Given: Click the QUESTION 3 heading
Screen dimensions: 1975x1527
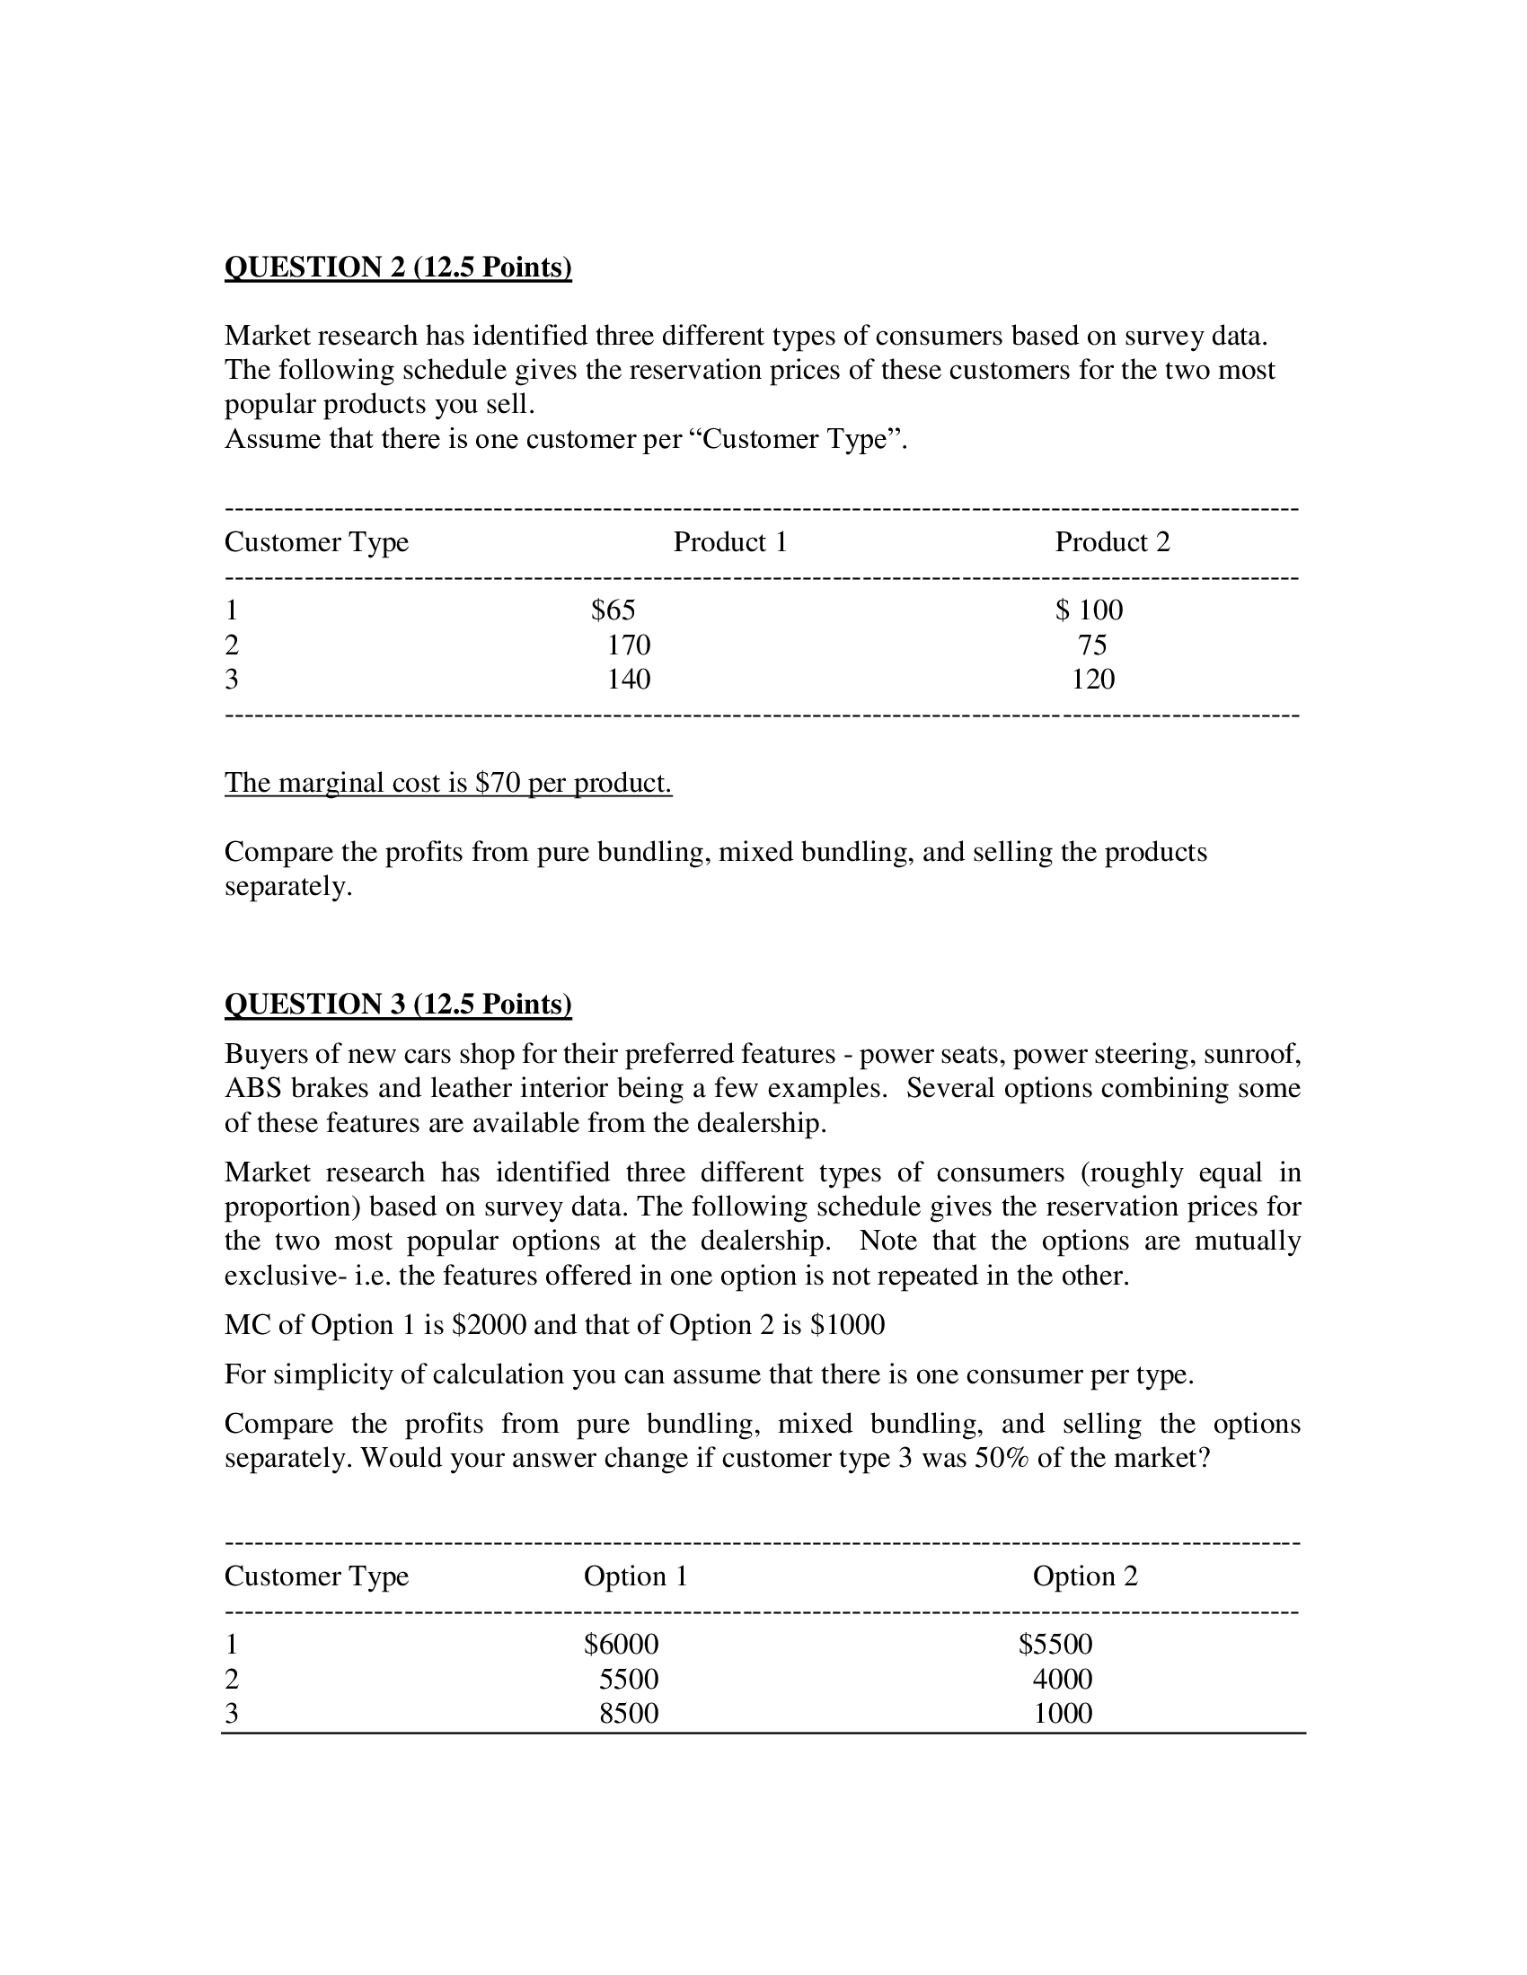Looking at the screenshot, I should click(398, 1004).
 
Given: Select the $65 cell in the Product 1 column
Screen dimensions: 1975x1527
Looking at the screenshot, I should click(613, 610).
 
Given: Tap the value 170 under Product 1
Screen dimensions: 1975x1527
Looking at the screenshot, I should click(628, 645).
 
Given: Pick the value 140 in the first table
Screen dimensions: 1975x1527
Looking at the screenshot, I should click(628, 680).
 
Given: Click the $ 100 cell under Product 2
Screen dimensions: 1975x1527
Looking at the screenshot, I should click(1089, 610).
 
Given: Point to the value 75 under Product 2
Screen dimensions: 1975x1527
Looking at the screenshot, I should click(1092, 645).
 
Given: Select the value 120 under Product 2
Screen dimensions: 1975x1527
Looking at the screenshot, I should click(1093, 680).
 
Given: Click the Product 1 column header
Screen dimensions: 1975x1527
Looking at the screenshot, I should click(730, 541).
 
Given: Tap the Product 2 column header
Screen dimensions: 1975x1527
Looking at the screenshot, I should click(1112, 541).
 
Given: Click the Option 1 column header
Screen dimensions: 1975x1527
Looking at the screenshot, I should click(635, 1576).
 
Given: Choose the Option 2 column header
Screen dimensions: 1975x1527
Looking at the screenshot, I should click(1085, 1576).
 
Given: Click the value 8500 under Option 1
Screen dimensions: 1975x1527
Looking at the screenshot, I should click(628, 1713).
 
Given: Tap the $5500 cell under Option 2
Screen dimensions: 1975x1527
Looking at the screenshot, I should click(1055, 1644).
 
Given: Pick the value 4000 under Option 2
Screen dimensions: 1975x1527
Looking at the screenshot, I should click(1062, 1679).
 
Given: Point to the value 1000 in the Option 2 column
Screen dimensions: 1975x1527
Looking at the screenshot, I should click(1062, 1713).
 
